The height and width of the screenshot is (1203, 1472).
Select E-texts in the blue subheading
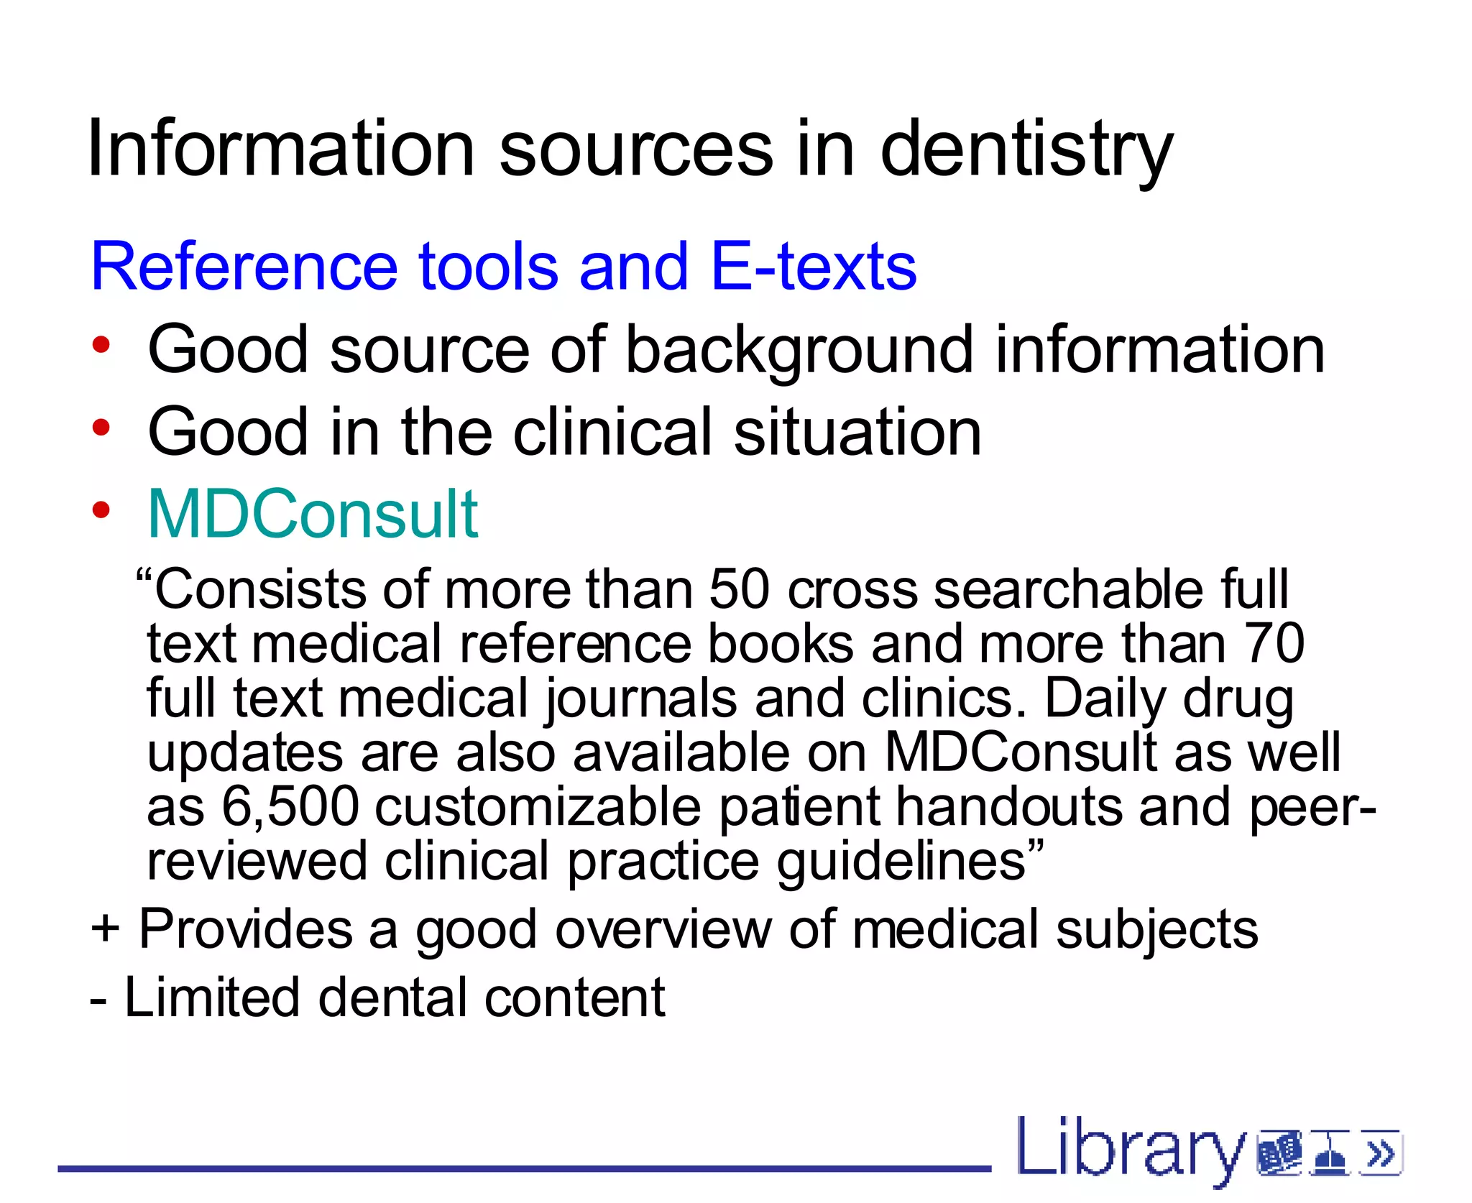click(x=813, y=267)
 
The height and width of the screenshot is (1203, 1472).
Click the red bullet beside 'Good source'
click(x=101, y=345)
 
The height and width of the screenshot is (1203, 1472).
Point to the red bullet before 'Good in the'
click(x=101, y=428)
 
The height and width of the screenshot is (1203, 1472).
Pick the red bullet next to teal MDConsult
click(x=101, y=510)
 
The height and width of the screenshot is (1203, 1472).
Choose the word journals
click(x=640, y=699)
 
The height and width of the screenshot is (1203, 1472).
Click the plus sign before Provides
click(x=105, y=928)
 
